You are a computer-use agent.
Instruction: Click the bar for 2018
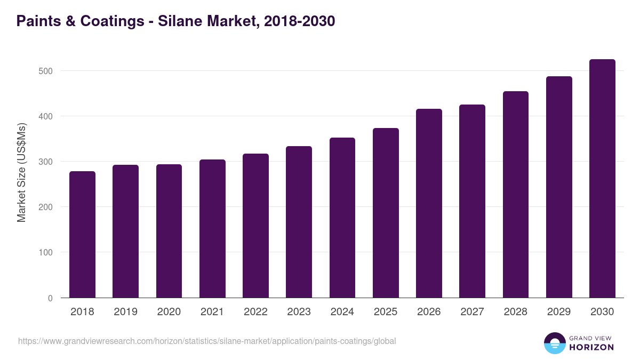(82, 235)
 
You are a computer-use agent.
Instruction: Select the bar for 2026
(429, 203)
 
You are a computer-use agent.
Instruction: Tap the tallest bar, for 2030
(602, 179)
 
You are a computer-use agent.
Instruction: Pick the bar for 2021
(212, 229)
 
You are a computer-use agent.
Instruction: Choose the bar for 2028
(516, 195)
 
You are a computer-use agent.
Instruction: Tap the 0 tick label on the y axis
(50, 298)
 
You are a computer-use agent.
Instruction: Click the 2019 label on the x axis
(125, 312)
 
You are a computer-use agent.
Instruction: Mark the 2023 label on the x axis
(299, 312)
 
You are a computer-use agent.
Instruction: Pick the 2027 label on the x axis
(472, 312)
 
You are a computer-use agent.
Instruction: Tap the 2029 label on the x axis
(559, 312)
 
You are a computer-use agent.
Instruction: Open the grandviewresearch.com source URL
(207, 341)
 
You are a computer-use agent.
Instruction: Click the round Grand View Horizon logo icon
(554, 343)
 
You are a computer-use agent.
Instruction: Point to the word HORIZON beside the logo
(591, 347)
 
